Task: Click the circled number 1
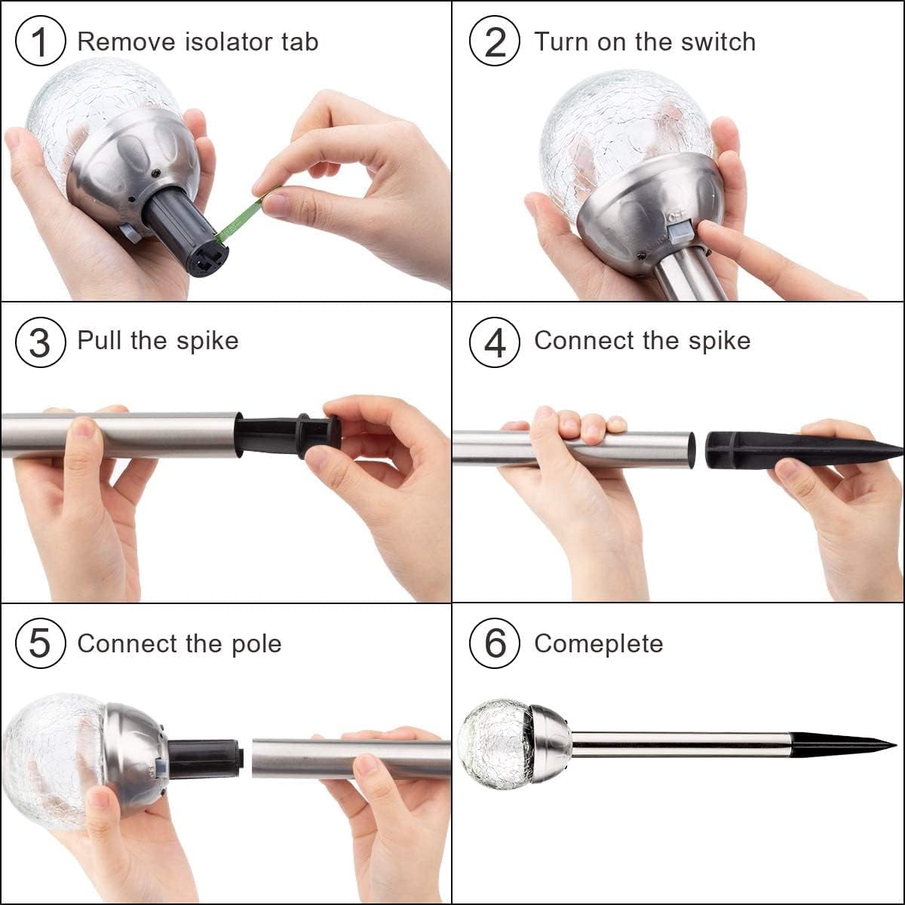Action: [x=40, y=41]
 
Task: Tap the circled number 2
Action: [x=495, y=41]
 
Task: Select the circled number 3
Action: [x=40, y=342]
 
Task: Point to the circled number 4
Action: [x=495, y=342]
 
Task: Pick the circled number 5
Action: [x=40, y=643]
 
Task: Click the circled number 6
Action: [x=495, y=643]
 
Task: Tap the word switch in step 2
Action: [x=718, y=41]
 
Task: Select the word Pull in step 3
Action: [x=100, y=340]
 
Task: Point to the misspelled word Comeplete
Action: [x=599, y=644]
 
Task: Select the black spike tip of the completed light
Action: [x=842, y=745]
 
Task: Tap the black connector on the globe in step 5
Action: [x=206, y=757]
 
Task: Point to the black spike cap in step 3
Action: [x=288, y=437]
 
